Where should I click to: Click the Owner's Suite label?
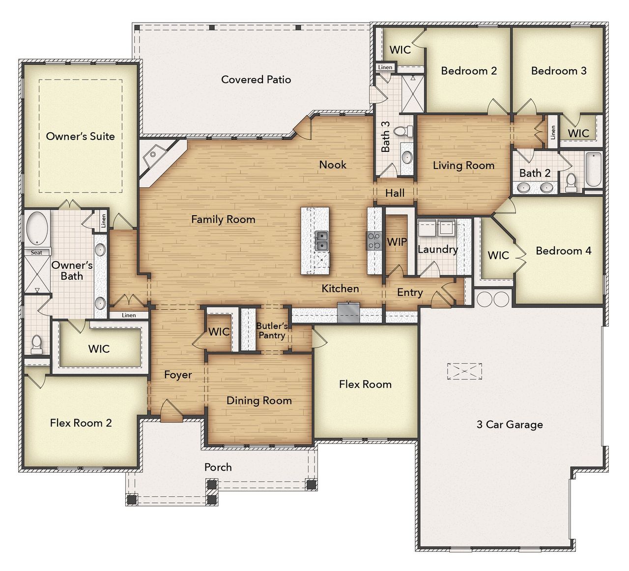pyautogui.click(x=80, y=136)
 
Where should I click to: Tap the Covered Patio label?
pyautogui.click(x=256, y=80)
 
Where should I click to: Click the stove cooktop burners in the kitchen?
pyautogui.click(x=373, y=241)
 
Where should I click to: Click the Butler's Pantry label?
pyautogui.click(x=272, y=330)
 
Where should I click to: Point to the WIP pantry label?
pyautogui.click(x=397, y=242)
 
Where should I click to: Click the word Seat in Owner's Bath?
pyautogui.click(x=37, y=253)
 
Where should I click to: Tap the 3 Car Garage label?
pyautogui.click(x=510, y=425)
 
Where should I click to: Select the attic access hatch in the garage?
pyautogui.click(x=464, y=371)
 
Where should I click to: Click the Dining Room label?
pyautogui.click(x=259, y=400)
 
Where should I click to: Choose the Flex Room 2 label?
pyautogui.click(x=81, y=423)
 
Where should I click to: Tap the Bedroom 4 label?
pyautogui.click(x=563, y=251)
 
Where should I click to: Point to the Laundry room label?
pyautogui.click(x=437, y=249)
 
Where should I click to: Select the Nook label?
pyautogui.click(x=333, y=165)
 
